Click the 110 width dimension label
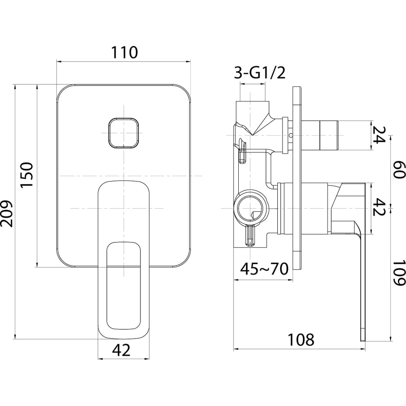click(125, 52)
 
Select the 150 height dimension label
click(27, 175)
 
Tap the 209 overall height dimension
click(6, 213)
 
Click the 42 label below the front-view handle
click(121, 351)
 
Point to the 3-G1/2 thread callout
click(260, 73)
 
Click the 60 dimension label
click(399, 169)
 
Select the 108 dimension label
click(301, 339)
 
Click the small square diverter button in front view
click(123, 133)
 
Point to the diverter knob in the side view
click(321, 136)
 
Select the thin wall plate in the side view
click(297, 178)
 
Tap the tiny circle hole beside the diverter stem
click(290, 135)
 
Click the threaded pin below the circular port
click(251, 235)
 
